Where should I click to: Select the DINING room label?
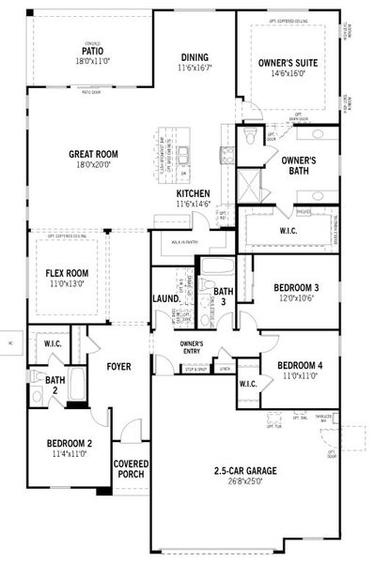(195, 58)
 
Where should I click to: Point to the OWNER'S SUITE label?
(288, 62)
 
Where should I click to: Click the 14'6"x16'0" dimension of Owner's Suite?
(288, 72)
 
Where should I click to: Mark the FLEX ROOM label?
(66, 273)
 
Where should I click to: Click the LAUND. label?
(165, 299)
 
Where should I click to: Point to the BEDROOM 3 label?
(296, 287)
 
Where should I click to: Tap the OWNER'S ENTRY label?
(192, 347)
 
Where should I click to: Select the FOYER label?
(117, 366)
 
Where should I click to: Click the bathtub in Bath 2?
(76, 387)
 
